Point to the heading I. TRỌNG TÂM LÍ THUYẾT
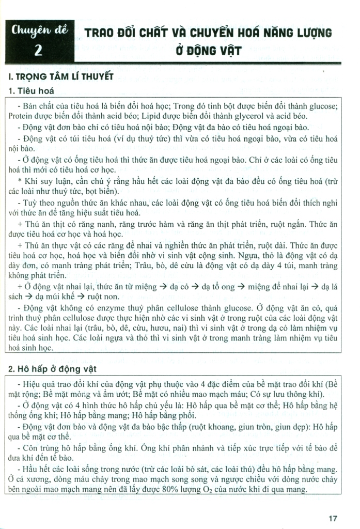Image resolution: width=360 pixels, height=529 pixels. coord(61,76)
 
